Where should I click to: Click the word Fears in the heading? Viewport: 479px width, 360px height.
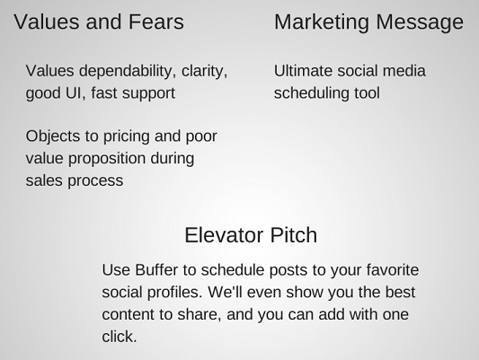pyautogui.click(x=156, y=22)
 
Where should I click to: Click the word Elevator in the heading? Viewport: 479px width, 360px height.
pyautogui.click(x=224, y=235)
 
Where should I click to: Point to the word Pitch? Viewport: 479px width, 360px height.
pyautogui.click(x=294, y=235)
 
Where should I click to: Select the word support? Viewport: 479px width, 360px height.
pyautogui.click(x=148, y=94)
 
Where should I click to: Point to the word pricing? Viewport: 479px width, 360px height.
pyautogui.click(x=127, y=137)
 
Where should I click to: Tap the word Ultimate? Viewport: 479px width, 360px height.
pyautogui.click(x=303, y=71)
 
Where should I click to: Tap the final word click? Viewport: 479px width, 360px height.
pyautogui.click(x=120, y=337)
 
